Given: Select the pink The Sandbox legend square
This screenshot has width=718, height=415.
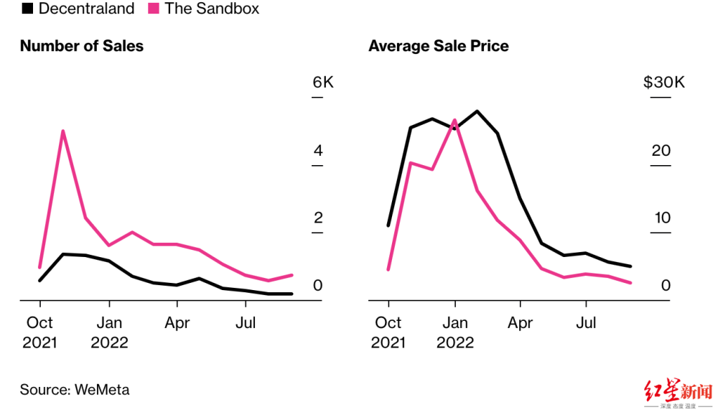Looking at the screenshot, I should click(154, 9).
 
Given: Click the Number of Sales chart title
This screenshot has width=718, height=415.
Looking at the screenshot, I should click(82, 46).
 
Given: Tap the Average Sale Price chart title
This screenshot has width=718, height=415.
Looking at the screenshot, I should click(439, 46).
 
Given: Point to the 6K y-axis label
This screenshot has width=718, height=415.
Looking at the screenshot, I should click(323, 83).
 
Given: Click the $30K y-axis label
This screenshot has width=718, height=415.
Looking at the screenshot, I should click(664, 83).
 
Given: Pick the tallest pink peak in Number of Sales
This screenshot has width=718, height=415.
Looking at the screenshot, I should click(63, 131).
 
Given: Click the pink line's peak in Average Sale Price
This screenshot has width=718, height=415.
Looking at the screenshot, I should click(454, 121).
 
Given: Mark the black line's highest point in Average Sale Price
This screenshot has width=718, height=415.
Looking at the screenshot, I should click(477, 111).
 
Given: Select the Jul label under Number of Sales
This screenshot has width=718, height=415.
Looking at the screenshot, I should click(246, 323).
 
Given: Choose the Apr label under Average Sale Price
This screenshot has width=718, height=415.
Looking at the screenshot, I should click(521, 323).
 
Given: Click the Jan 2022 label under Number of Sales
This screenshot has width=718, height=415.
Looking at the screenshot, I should click(109, 332).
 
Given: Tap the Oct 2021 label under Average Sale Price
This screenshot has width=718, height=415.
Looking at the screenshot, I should click(388, 332).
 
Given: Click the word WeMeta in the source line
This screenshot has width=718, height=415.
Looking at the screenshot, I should click(102, 390).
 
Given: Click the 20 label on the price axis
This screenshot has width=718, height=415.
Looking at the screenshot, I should click(661, 151).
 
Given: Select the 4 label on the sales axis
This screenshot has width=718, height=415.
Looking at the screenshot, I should click(318, 151).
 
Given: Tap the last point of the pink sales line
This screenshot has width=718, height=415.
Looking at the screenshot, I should click(292, 274).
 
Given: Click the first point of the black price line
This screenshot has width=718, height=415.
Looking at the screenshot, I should click(388, 225).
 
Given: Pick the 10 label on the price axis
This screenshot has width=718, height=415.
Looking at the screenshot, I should click(661, 218).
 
